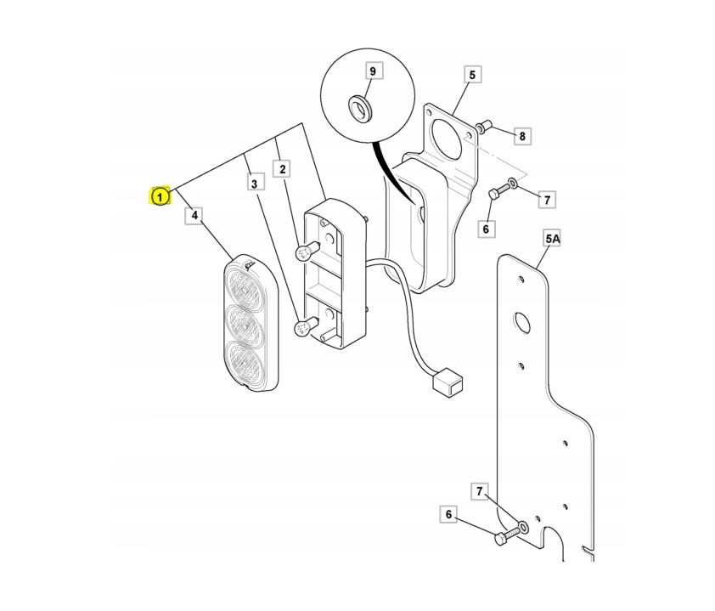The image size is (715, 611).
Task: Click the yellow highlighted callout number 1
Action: pos(160,196)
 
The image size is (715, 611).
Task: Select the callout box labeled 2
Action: pos(282,169)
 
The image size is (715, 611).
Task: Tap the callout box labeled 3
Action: pos(254,184)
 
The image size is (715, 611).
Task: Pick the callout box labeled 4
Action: pos(194,215)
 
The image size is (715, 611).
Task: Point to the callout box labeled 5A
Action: pos(552,238)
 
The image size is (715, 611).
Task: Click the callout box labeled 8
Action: pos(522,135)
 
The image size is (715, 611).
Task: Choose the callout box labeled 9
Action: pos(373,71)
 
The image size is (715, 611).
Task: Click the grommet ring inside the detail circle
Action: pos(360,109)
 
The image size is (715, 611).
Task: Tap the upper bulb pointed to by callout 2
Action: pos(304,252)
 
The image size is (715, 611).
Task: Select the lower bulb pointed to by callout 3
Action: pos(304,326)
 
